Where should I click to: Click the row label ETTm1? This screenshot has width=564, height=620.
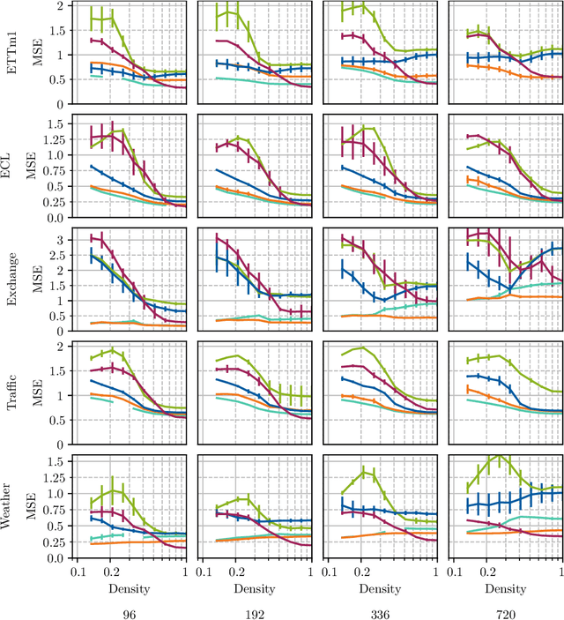tap(10, 54)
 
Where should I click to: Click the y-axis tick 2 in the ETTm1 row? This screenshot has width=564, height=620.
tap(59, 5)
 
